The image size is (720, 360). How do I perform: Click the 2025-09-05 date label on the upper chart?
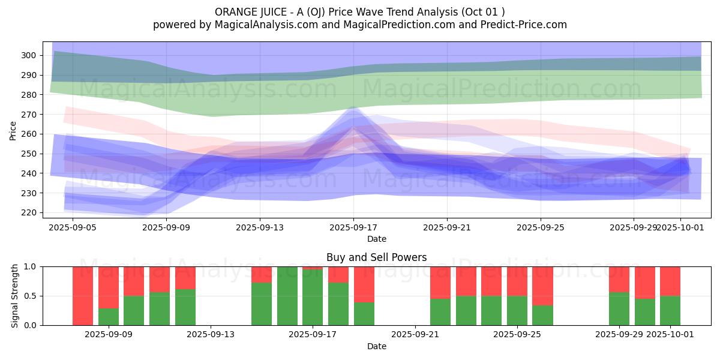72,228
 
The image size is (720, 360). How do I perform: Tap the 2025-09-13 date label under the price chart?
259,228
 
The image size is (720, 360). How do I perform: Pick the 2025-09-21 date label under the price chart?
446,228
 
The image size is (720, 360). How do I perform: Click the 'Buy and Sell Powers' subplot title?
376,257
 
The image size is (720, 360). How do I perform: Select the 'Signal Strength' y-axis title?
15,296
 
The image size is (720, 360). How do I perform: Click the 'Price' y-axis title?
13,130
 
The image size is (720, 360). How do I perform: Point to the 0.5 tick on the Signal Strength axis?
30,296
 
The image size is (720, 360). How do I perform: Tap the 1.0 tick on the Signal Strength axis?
30,266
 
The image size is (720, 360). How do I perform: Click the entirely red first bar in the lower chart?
83,296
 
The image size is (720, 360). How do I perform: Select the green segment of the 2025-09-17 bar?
313,298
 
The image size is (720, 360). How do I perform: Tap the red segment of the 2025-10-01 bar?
670,281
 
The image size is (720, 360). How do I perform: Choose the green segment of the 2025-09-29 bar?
619,309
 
